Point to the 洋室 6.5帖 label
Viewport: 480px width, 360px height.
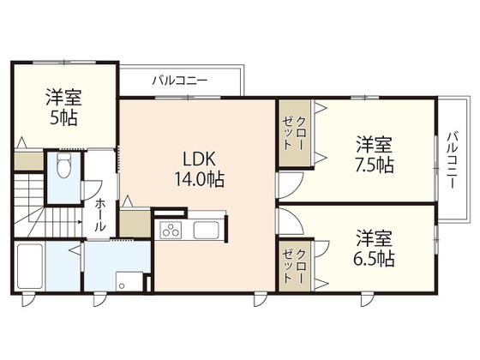(375, 246)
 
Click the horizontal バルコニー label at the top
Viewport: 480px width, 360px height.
(180, 81)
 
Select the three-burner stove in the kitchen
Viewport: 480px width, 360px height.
(170, 230)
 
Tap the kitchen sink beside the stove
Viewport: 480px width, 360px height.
(208, 230)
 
